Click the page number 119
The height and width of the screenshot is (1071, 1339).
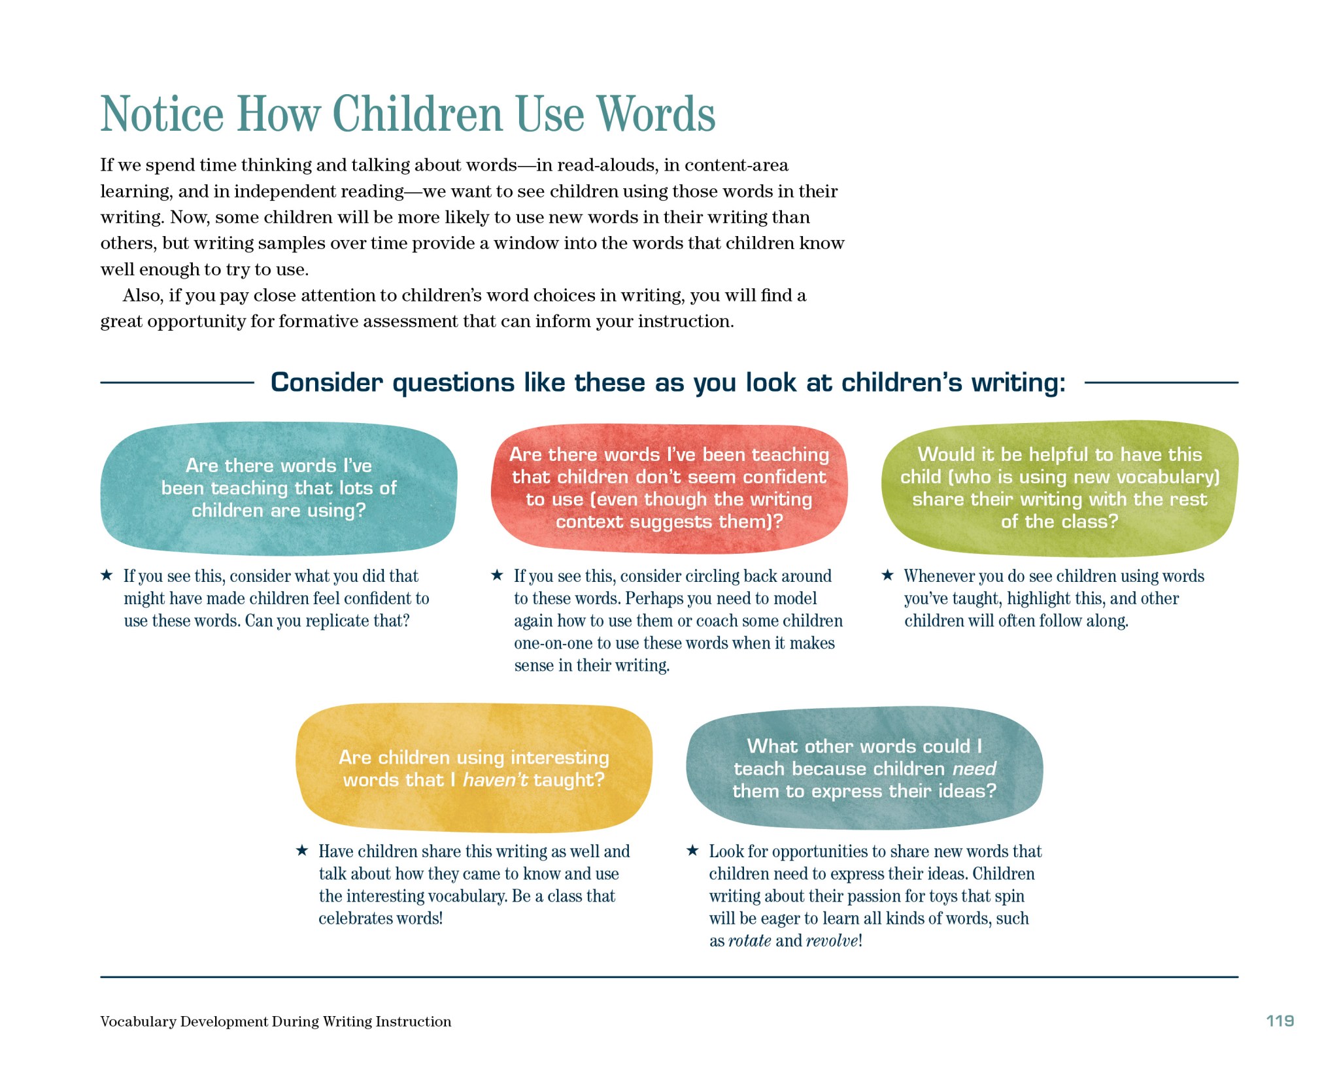(1280, 1021)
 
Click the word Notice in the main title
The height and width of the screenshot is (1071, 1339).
(162, 114)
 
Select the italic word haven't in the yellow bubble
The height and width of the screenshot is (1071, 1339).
(495, 779)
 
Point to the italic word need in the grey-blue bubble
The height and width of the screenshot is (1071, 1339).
(974, 768)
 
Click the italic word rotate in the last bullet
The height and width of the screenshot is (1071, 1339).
(749, 941)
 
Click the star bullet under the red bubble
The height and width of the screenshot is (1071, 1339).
(497, 575)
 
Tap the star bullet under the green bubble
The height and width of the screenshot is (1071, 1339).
(887, 575)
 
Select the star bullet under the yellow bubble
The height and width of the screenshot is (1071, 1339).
(301, 851)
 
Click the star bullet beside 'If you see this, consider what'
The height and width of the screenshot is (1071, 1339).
(107, 575)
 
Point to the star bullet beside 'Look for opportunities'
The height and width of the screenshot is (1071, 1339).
(692, 851)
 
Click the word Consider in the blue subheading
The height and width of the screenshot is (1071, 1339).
(327, 382)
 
